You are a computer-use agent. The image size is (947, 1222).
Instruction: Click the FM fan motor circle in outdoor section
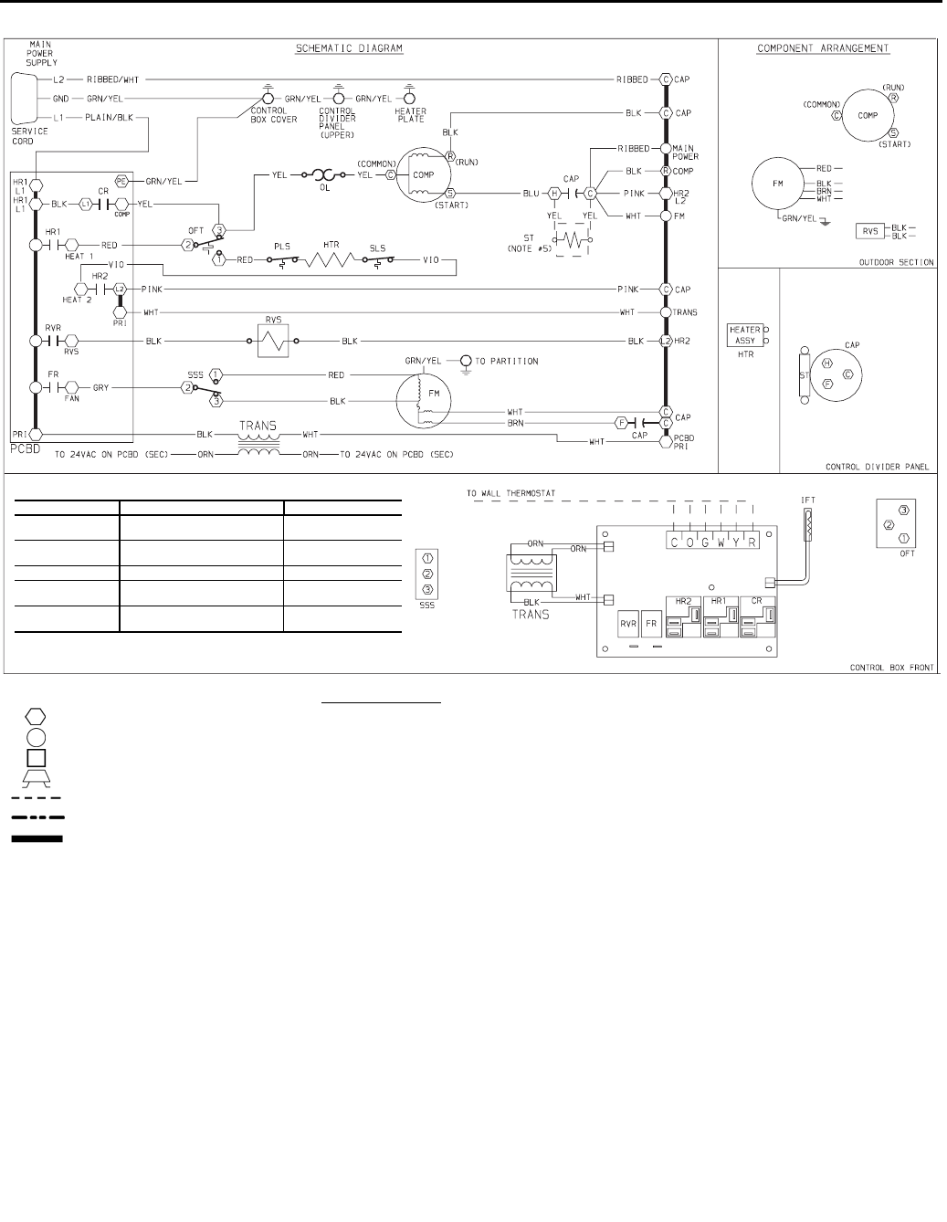pos(778,184)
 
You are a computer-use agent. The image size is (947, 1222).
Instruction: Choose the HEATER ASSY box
pos(744,334)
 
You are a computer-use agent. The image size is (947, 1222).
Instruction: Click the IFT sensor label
pos(807,500)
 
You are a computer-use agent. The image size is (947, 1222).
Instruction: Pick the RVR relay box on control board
pos(627,625)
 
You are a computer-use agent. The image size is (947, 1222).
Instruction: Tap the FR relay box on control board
pos(651,625)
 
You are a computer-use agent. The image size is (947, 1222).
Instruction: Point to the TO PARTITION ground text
pos(507,361)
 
